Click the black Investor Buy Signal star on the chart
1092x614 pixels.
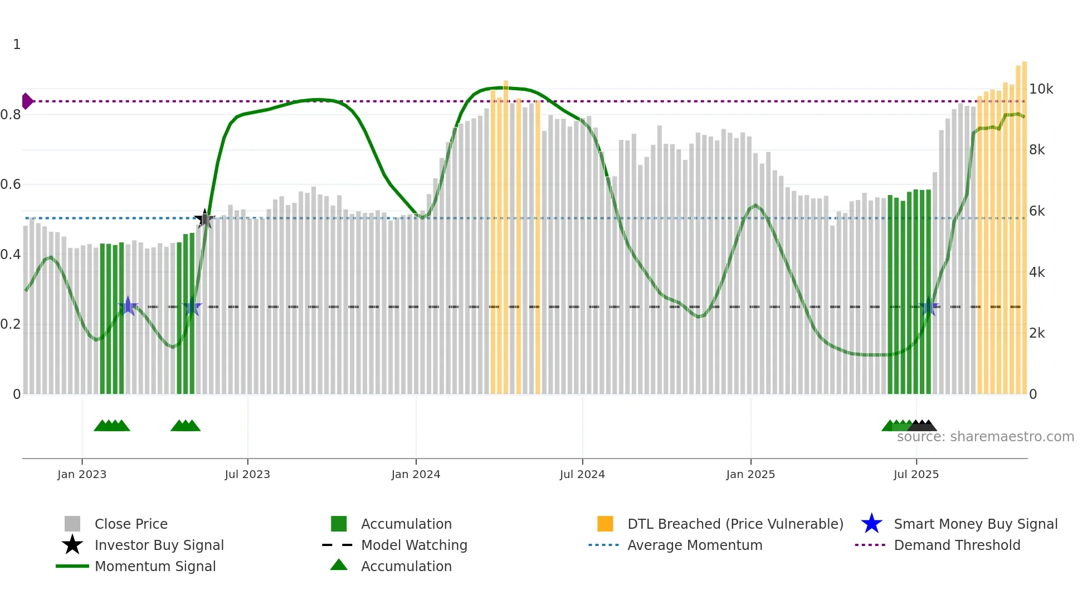coord(204,219)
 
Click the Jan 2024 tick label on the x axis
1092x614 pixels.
coord(416,474)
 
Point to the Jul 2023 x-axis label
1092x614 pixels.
coord(247,474)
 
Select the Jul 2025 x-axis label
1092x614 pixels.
coord(916,474)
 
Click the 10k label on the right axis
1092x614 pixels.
coord(1041,89)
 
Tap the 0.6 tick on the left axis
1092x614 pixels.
coord(11,184)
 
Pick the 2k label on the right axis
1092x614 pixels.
coord(1037,333)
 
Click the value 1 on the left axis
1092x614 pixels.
coord(17,45)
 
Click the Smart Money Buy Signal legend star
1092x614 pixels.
coord(871,524)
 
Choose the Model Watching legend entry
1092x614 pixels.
coord(414,545)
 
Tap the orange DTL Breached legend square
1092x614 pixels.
coord(605,524)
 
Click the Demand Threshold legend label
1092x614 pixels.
coord(957,545)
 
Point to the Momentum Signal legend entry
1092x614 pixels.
coord(155,566)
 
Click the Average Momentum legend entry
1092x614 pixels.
coord(694,545)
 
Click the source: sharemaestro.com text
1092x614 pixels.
coord(985,437)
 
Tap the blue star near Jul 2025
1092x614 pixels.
coord(928,307)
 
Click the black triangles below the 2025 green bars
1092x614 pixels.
coord(922,426)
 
